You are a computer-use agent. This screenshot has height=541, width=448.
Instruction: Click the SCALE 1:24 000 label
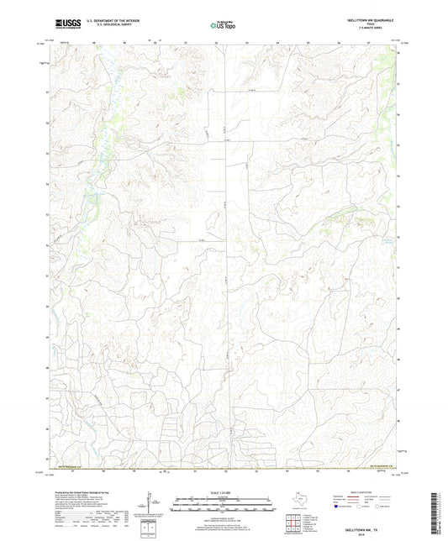point(224,492)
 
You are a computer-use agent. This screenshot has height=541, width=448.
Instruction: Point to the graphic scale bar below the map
point(224,503)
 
